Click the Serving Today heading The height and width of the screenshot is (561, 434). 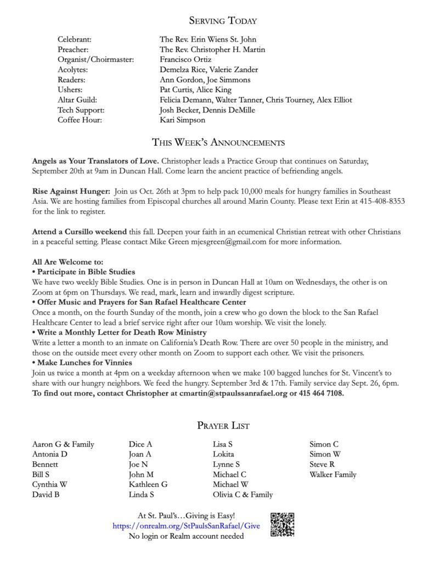[x=223, y=21]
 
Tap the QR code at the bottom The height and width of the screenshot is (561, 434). [x=283, y=524]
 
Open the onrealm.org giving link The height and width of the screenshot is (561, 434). [x=186, y=526]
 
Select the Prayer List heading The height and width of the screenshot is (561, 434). [x=222, y=425]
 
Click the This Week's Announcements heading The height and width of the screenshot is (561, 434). [x=218, y=143]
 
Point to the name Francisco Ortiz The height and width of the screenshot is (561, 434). [x=185, y=60]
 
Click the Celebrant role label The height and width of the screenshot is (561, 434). [x=75, y=40]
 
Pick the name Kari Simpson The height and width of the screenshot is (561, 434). [x=183, y=120]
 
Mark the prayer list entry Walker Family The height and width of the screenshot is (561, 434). [x=332, y=474]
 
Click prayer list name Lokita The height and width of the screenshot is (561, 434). [x=223, y=454]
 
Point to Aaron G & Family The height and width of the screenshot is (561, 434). [x=63, y=444]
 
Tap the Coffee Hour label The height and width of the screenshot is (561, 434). [x=80, y=120]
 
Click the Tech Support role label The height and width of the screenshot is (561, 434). [x=81, y=110]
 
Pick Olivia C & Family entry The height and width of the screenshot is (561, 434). [x=243, y=495]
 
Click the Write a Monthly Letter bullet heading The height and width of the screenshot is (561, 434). [x=119, y=332]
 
